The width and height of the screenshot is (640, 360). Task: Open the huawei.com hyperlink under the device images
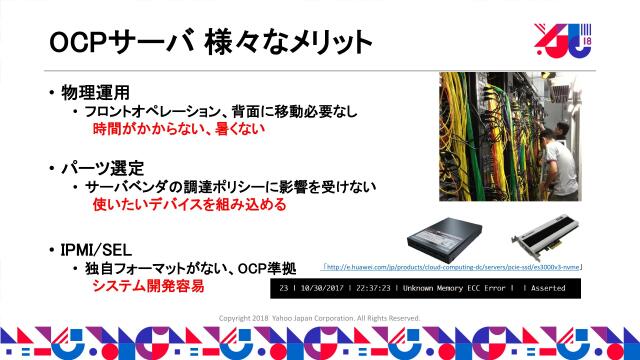(453, 267)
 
